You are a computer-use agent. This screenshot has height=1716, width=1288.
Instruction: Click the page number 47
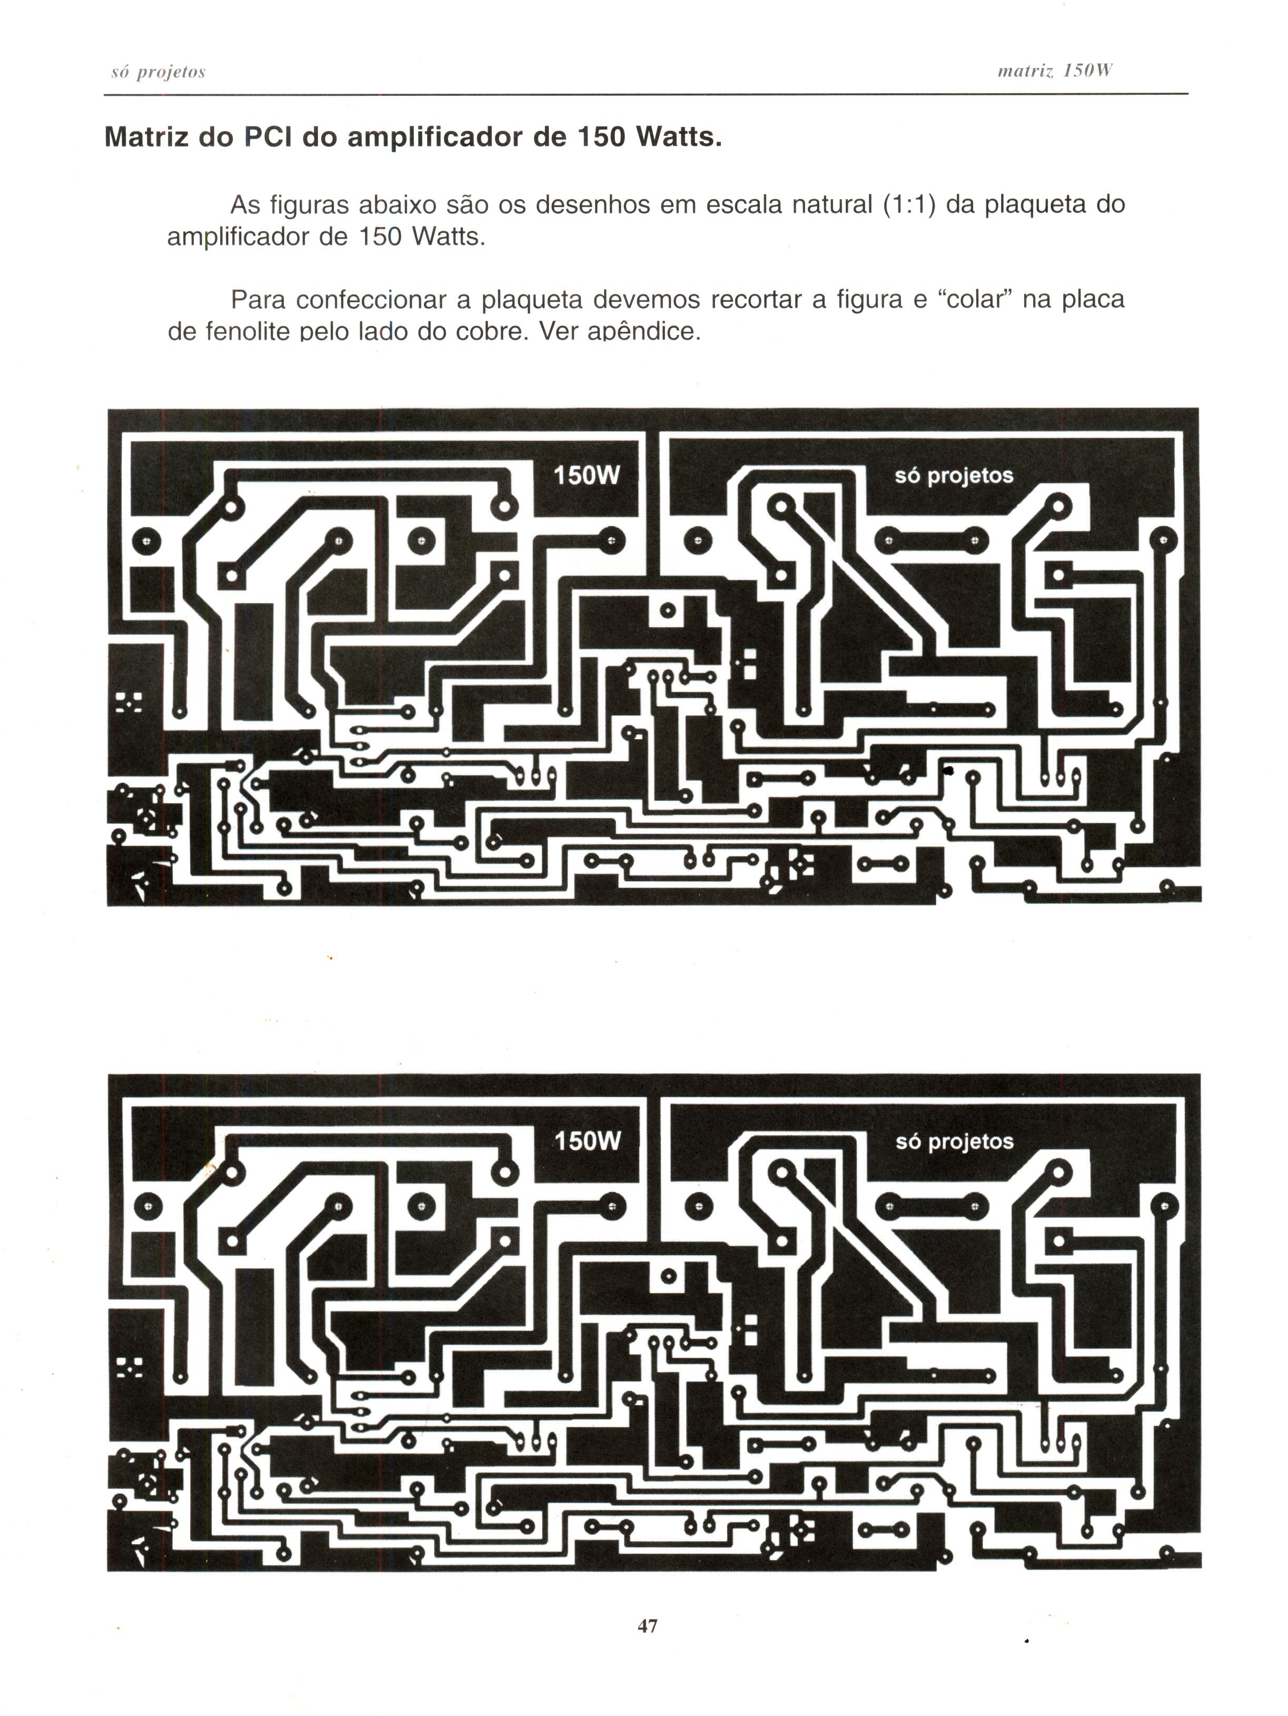(648, 1625)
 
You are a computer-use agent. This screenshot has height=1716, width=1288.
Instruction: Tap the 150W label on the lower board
(587, 1141)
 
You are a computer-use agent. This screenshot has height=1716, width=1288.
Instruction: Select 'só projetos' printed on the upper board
(954, 476)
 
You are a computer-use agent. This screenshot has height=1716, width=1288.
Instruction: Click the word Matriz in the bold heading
(146, 137)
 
